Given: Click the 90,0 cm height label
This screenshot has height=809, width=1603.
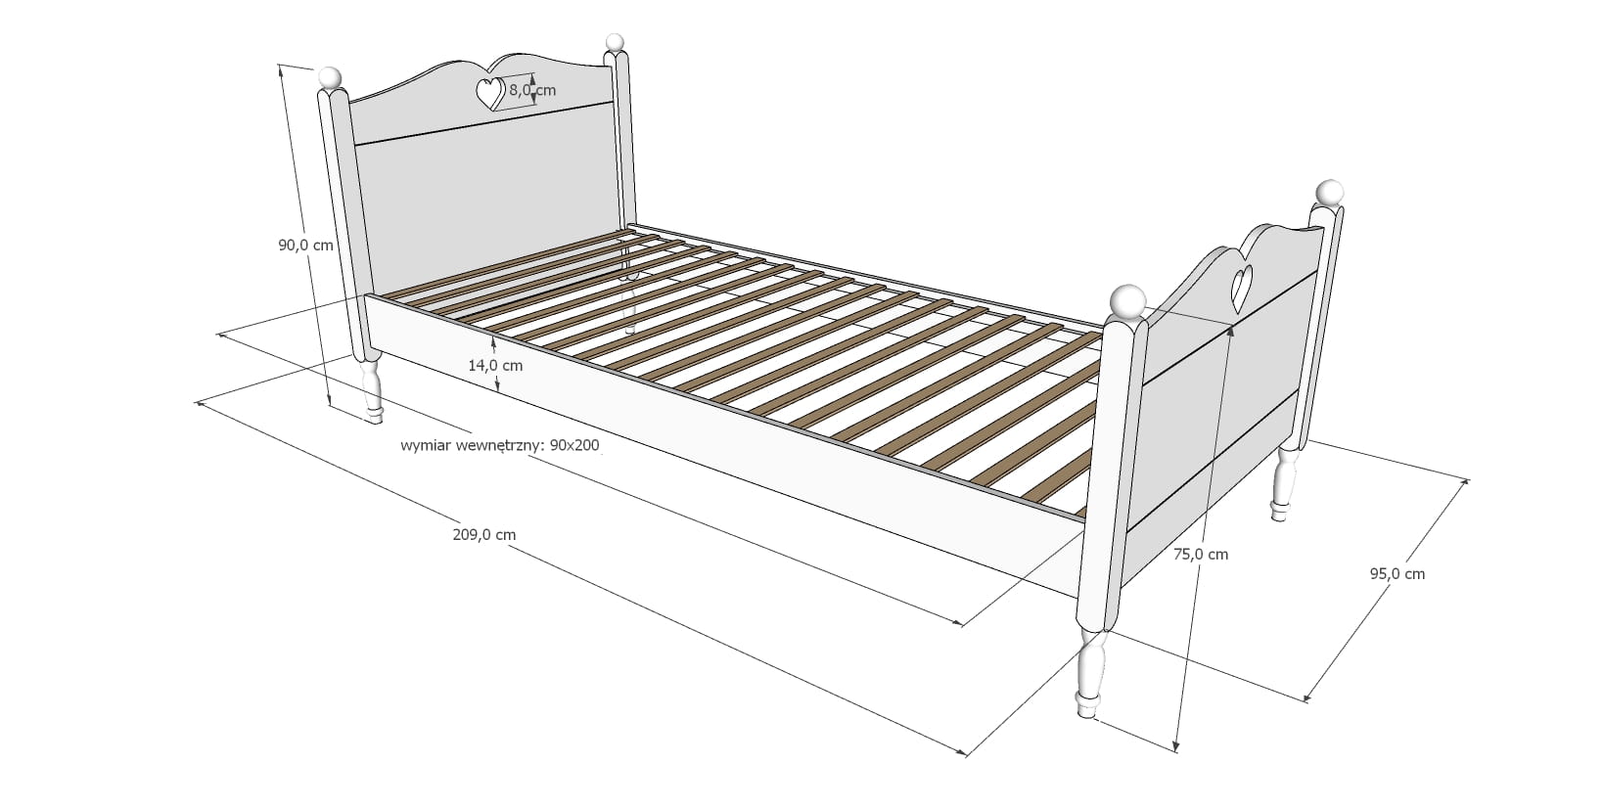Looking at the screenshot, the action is (305, 246).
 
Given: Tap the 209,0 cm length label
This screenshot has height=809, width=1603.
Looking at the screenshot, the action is (483, 534).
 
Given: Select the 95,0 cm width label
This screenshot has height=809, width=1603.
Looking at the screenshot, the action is (1397, 573).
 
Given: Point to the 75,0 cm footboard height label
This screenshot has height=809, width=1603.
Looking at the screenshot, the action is (1201, 554).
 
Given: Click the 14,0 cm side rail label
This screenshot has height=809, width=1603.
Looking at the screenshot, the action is (495, 366).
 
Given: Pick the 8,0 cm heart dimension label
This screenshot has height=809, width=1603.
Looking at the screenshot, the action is (532, 90).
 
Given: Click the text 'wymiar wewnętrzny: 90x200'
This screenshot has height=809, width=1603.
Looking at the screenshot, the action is (499, 446).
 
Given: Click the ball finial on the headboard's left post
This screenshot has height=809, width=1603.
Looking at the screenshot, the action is (330, 77).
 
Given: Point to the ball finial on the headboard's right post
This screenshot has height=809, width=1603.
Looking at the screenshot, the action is (615, 42).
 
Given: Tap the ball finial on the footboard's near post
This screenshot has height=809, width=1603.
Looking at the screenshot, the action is (1128, 301).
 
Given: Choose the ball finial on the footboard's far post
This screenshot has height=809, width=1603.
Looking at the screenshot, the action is (1329, 193).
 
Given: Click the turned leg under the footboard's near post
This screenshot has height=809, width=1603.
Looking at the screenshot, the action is (1090, 674).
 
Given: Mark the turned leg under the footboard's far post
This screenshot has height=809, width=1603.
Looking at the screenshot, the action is (1285, 483).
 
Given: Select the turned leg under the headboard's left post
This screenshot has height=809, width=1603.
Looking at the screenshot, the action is (372, 390).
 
